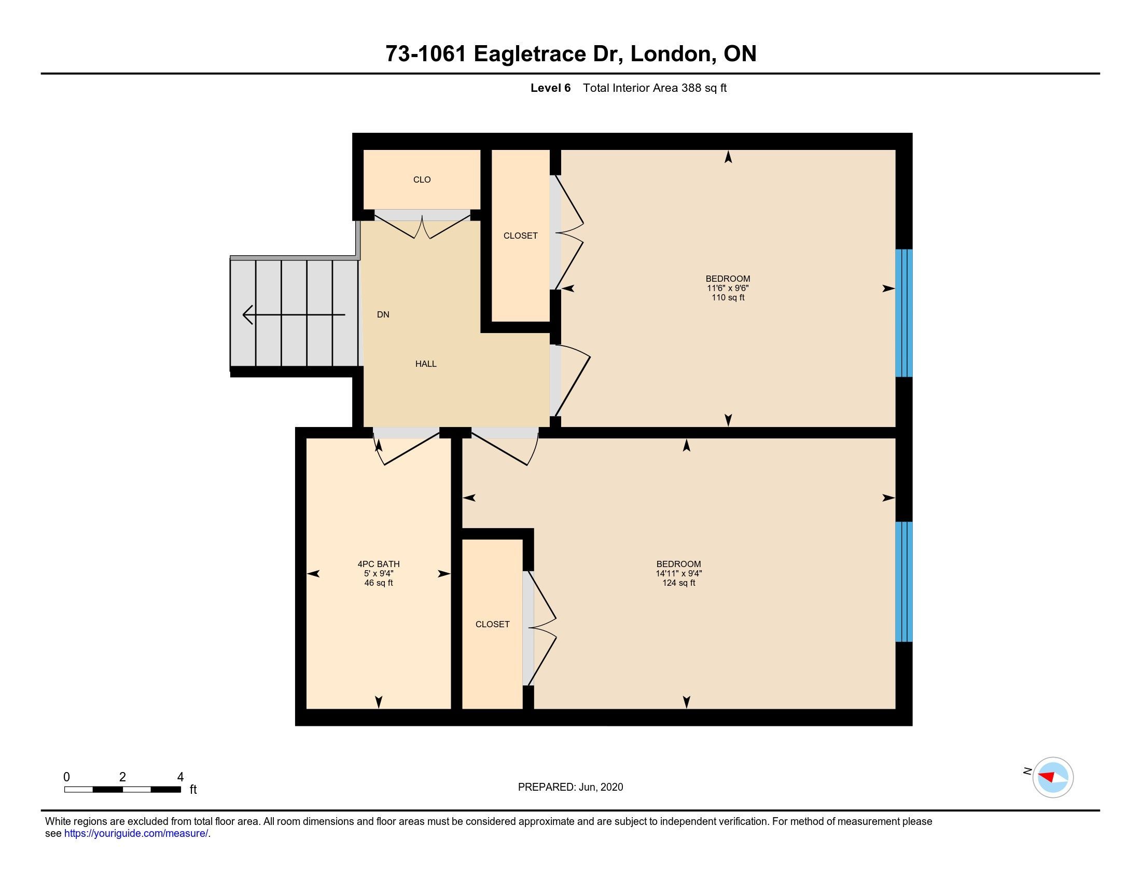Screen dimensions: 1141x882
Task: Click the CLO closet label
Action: click(x=422, y=180)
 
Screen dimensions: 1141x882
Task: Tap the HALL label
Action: click(x=426, y=364)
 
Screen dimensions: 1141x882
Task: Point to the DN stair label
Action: click(x=383, y=314)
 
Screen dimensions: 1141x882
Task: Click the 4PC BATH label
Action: click(x=379, y=564)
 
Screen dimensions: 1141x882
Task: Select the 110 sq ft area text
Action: click(x=728, y=297)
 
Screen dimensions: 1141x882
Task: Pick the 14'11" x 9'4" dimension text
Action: click(x=679, y=573)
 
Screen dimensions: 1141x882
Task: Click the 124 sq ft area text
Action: click(x=679, y=583)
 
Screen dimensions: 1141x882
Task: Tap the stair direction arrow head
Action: click(x=248, y=314)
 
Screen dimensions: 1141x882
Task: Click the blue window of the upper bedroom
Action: click(x=904, y=313)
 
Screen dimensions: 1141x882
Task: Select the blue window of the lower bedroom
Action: click(x=904, y=582)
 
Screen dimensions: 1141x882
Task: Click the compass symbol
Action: click(x=1053, y=777)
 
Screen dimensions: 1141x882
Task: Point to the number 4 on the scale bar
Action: click(x=180, y=777)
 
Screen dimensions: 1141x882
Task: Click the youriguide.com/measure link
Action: click(x=136, y=833)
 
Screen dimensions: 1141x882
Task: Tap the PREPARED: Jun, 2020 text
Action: click(x=570, y=787)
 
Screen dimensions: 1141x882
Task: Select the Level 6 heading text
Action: click(x=551, y=88)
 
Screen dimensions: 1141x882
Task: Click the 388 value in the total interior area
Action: click(x=691, y=88)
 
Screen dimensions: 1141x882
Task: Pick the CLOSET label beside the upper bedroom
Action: click(x=520, y=236)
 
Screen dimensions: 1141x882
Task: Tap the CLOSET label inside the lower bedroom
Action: click(x=492, y=624)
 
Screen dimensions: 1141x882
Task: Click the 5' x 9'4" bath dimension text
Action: click(x=379, y=573)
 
